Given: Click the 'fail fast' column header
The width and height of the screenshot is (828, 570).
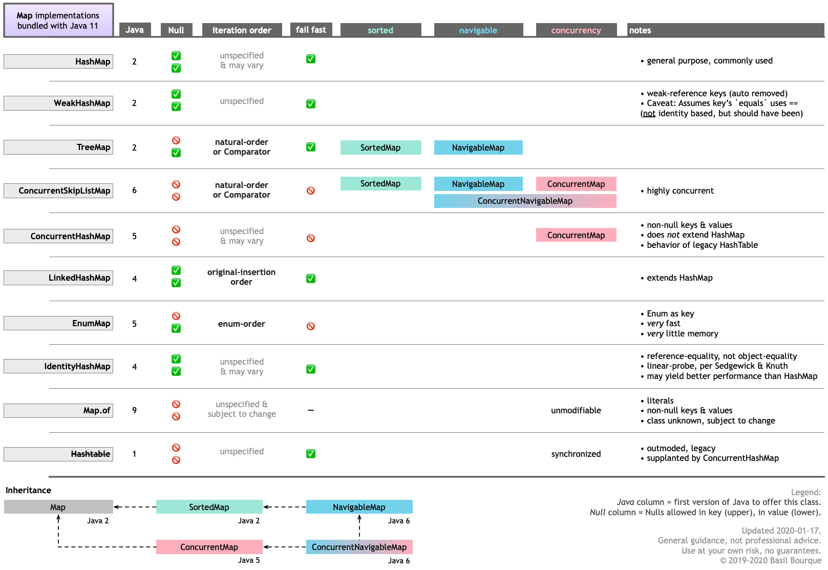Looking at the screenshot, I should click(x=311, y=30).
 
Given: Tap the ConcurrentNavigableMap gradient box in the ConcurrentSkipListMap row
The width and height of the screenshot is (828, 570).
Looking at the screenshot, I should click(x=525, y=201).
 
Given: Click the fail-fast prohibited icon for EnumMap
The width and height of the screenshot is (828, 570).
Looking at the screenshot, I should click(x=311, y=326).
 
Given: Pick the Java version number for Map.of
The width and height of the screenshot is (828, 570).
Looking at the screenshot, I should click(x=134, y=410).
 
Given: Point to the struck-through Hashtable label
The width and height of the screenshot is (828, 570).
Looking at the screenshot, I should click(x=90, y=454).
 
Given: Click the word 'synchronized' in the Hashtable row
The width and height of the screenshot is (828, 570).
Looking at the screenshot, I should click(x=576, y=454).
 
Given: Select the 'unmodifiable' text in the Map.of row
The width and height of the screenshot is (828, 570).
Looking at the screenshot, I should click(x=576, y=410).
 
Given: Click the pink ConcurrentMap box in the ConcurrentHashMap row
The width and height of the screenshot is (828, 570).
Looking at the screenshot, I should click(x=576, y=235).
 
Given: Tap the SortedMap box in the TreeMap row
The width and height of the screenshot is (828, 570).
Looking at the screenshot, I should click(x=380, y=147).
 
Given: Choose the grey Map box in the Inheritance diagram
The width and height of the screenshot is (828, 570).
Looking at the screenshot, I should click(x=58, y=507).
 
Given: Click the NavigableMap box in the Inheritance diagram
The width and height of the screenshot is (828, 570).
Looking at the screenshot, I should click(x=359, y=507).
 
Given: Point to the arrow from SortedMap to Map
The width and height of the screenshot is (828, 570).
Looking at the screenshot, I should click(x=135, y=507).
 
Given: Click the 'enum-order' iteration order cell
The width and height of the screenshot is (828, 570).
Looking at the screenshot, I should click(x=242, y=324).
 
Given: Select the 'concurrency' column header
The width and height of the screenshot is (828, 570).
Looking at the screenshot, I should click(x=576, y=30).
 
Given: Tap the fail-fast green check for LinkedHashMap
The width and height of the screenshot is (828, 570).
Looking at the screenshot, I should click(x=311, y=279).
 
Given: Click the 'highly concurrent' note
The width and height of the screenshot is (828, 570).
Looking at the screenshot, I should click(x=680, y=191).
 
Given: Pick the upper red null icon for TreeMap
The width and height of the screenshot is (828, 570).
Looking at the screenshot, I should click(x=176, y=140).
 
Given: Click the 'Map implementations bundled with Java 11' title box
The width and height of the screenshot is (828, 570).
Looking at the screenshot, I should click(x=58, y=20).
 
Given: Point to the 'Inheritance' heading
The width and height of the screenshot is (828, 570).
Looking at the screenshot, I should click(x=28, y=490).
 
